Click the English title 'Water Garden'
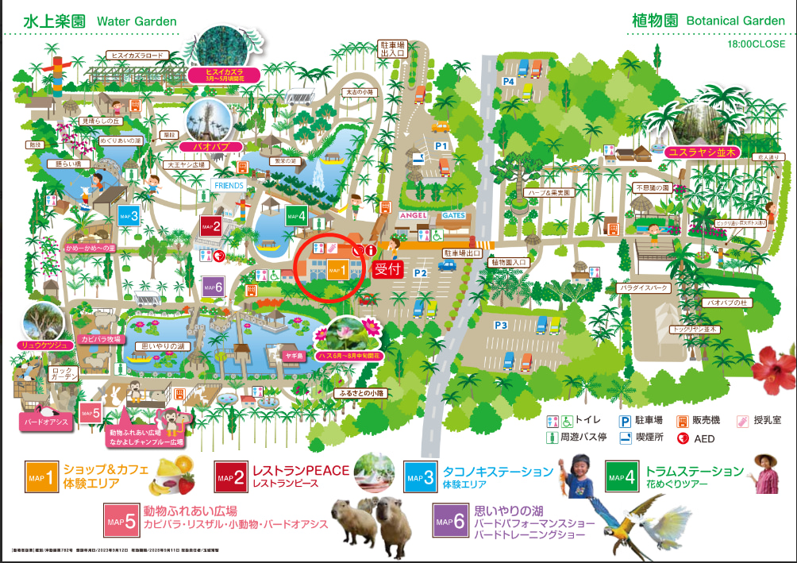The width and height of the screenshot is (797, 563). point(137,21)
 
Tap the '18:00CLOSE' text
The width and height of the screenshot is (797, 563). point(756,44)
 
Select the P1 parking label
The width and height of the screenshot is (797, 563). point(441,147)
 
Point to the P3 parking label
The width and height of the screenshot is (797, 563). point(501,325)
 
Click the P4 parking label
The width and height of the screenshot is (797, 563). point(508,81)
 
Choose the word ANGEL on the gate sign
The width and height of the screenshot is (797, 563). point(413,215)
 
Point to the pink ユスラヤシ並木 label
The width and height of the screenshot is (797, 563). point(703,152)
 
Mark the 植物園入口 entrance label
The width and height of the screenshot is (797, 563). point(509,262)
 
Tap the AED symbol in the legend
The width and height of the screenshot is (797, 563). point(682,438)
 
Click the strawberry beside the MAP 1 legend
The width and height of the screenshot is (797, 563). point(185,481)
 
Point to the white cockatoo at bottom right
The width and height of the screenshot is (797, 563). point(671,529)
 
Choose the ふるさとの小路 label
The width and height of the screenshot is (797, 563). point(361,393)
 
